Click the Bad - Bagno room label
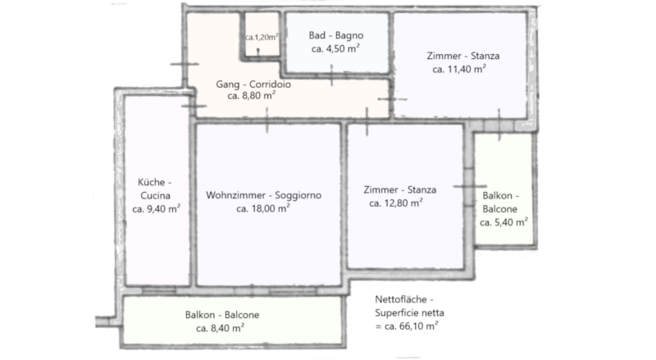(x=336, y=35)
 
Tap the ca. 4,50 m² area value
(x=335, y=48)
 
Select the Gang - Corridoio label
(x=253, y=84)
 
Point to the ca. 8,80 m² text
(x=251, y=96)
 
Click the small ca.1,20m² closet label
(x=262, y=37)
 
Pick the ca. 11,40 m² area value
(x=459, y=69)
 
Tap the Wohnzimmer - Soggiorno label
(x=263, y=195)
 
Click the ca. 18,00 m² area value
(x=263, y=208)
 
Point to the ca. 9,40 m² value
(x=156, y=209)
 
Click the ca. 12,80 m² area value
(x=396, y=203)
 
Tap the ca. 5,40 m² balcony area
(x=503, y=222)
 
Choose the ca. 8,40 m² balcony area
(x=220, y=328)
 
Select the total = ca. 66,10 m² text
(x=406, y=326)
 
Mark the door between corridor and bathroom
(x=332, y=75)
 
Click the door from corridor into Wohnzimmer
(x=267, y=121)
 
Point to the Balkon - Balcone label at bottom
(x=222, y=315)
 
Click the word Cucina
(x=155, y=195)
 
